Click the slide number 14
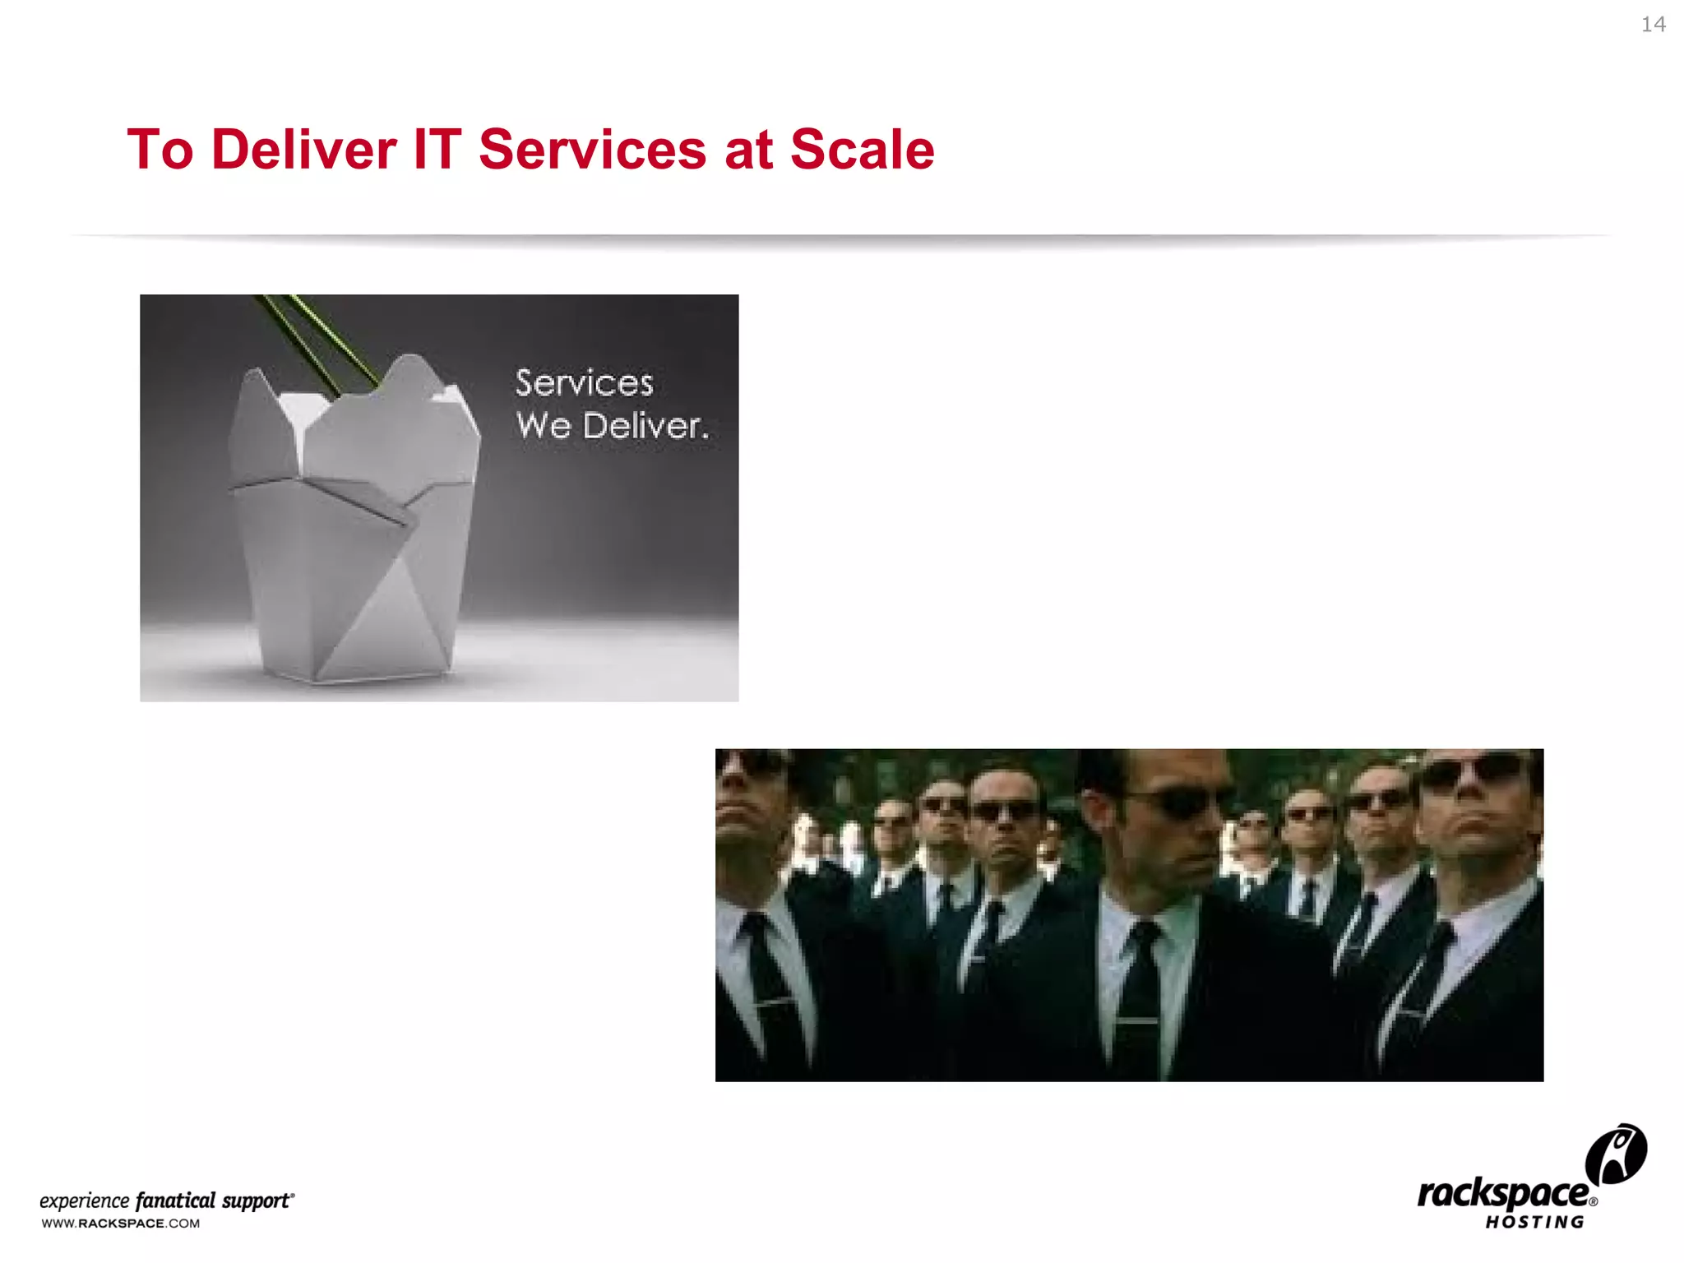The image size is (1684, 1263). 1653,25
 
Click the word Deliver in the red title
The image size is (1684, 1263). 303,150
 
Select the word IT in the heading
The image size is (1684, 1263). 437,150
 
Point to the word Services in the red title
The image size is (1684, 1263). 592,150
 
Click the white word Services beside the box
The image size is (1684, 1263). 584,383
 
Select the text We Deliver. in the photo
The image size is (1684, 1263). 612,426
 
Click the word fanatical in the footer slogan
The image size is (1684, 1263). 175,1201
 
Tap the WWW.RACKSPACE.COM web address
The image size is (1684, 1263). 120,1224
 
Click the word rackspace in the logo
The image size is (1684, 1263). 1503,1193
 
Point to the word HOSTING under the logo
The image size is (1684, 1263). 1534,1223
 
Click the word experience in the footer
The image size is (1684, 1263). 85,1201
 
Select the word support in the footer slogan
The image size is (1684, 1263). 256,1201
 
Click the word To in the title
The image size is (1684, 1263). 160,150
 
